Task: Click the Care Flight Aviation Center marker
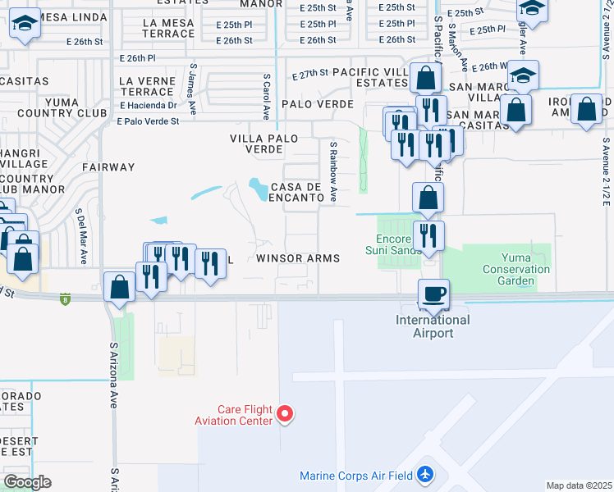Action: click(285, 414)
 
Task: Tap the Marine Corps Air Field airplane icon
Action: click(425, 474)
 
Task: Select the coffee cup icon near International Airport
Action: click(433, 293)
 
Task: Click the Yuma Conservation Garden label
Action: click(516, 269)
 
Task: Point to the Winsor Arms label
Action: click(298, 258)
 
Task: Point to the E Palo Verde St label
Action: click(148, 121)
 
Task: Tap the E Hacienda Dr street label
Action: click(148, 105)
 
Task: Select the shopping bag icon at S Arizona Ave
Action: click(120, 288)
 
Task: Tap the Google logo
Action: click(27, 481)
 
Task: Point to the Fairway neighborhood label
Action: click(108, 167)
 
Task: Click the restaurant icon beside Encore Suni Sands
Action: click(428, 236)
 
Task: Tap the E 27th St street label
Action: click(311, 75)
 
